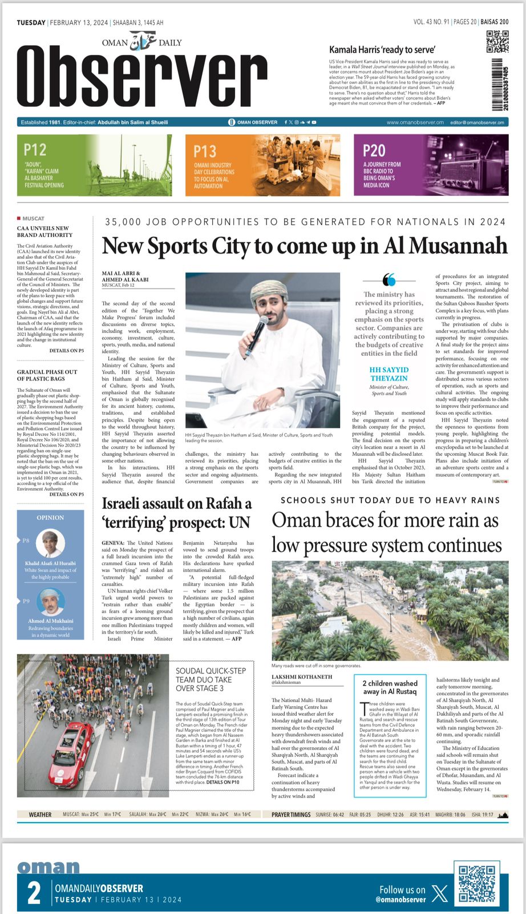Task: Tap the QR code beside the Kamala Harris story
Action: click(x=497, y=42)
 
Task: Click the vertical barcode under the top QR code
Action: click(x=500, y=85)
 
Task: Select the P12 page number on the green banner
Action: click(x=35, y=150)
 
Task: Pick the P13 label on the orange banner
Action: click(x=205, y=151)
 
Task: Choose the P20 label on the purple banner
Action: click(x=374, y=151)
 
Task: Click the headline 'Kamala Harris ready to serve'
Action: click(x=382, y=50)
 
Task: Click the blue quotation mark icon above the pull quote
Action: click(x=389, y=280)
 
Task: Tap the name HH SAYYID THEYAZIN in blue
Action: click(x=389, y=374)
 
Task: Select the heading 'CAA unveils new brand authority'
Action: click(x=44, y=231)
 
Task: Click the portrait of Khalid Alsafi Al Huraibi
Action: click(x=50, y=543)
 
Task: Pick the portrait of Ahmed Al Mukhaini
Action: click(x=50, y=602)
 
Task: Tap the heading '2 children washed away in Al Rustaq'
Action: click(x=390, y=687)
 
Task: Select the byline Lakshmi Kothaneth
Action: click(x=301, y=677)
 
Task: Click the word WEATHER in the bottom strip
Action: click(x=40, y=815)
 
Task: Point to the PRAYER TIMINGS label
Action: click(x=291, y=815)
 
